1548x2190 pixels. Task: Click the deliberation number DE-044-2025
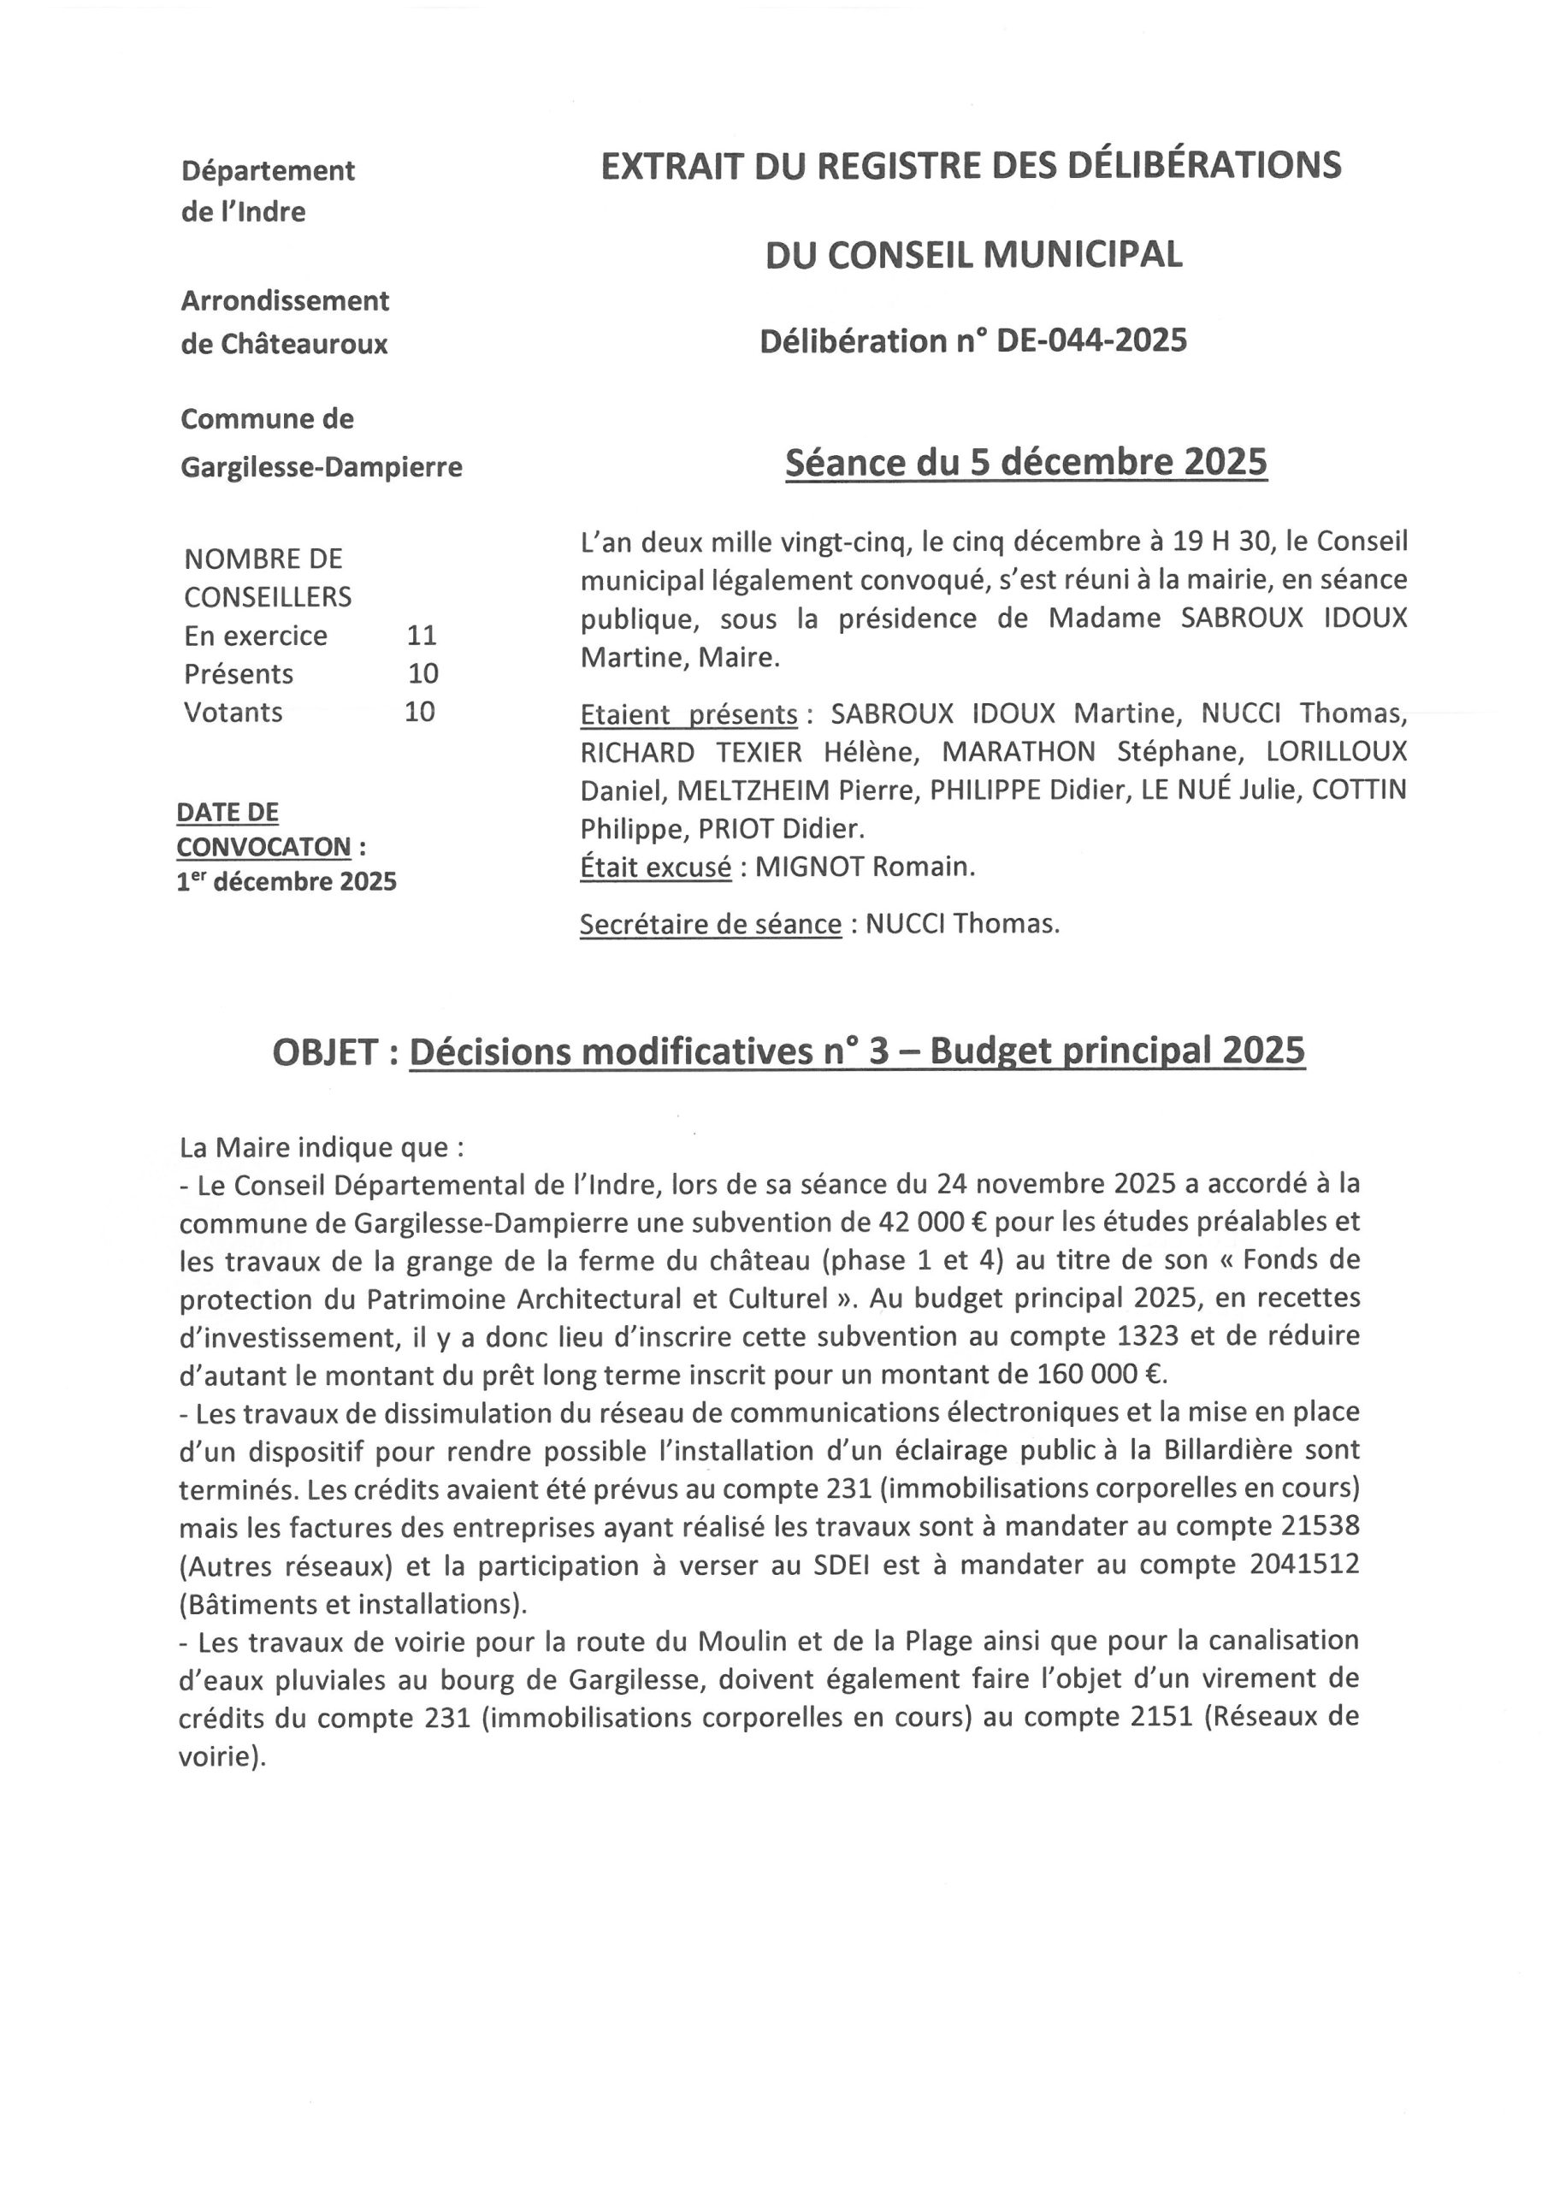click(1091, 340)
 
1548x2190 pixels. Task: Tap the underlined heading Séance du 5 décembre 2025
click(1025, 463)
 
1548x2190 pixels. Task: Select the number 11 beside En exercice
click(421, 636)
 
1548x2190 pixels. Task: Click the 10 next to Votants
click(420, 712)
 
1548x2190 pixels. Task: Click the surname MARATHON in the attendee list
click(1018, 752)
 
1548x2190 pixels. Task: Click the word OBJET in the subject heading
click(325, 1052)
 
